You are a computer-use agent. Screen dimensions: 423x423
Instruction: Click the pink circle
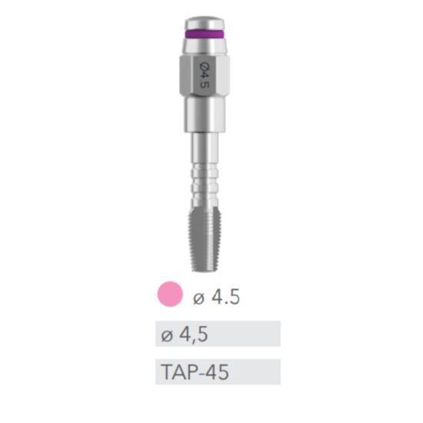click(169, 295)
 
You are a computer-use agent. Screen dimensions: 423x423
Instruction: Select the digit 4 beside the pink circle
click(218, 297)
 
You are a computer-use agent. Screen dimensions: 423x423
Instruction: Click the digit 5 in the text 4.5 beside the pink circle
click(235, 297)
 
